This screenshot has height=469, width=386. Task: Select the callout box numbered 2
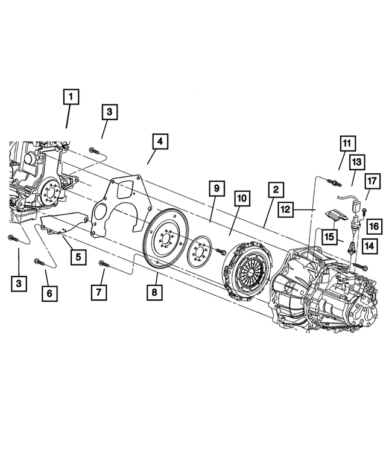[x=274, y=190]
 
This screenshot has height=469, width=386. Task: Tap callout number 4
[x=159, y=142]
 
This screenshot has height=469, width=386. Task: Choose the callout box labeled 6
[x=49, y=293]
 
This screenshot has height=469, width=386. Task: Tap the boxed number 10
[x=241, y=198]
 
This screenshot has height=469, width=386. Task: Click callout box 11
[x=346, y=143]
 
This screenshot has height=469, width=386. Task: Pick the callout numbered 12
[x=285, y=209]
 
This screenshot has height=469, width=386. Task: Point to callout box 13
[x=356, y=162]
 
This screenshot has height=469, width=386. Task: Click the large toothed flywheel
[x=165, y=242]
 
